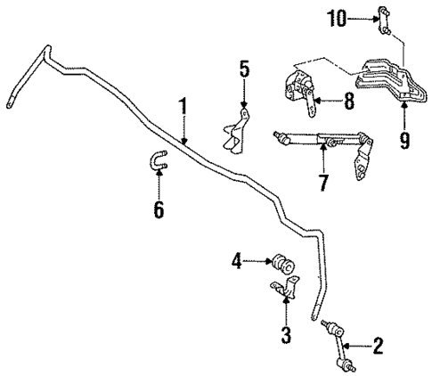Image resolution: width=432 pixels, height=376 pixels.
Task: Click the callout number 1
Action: [183, 108]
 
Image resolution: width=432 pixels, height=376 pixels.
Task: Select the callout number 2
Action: [378, 345]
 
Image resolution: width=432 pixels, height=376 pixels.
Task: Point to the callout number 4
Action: [237, 261]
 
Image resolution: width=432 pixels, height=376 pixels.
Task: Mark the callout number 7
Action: [322, 184]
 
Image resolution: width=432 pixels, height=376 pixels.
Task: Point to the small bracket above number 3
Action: [283, 290]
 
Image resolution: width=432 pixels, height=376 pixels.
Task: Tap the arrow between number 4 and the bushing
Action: [260, 261]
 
